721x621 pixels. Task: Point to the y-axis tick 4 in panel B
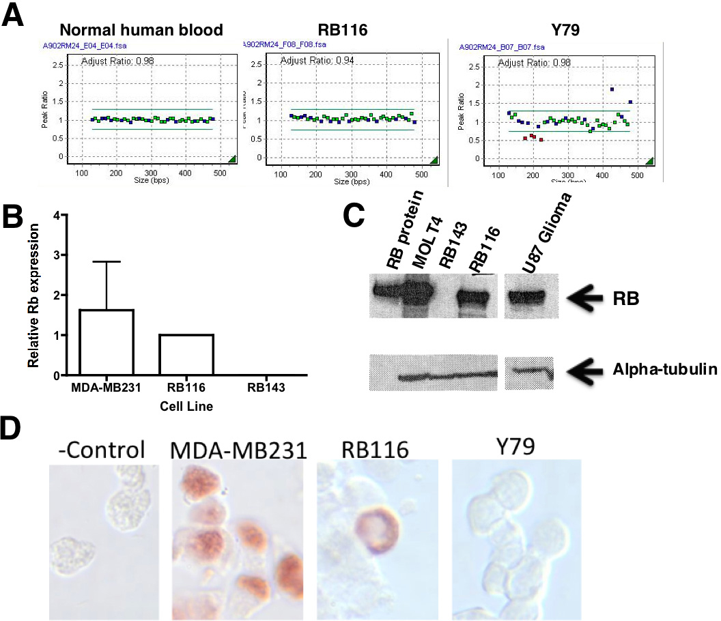pos(66,215)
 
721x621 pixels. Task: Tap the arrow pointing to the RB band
pos(588,298)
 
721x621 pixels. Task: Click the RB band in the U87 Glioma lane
pos(531,296)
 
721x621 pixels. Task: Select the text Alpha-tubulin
pos(663,371)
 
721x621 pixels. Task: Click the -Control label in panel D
pos(102,450)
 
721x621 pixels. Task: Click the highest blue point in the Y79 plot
pos(612,89)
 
